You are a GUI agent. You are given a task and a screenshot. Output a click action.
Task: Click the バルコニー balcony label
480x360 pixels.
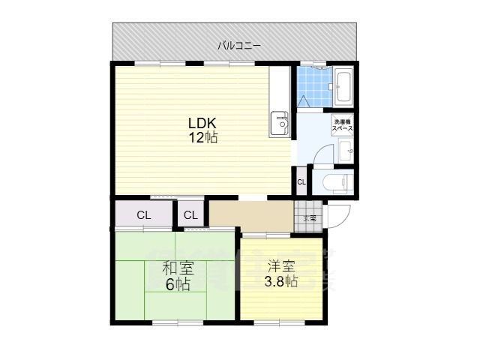coord(239,46)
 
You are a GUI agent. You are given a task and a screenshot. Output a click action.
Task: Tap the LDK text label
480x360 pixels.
coord(202,123)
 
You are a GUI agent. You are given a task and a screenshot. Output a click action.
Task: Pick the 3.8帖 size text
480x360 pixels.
coord(280,282)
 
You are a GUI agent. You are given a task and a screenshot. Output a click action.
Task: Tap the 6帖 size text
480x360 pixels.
coord(178,284)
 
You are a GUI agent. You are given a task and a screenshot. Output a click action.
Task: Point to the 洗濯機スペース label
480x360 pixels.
coord(342,124)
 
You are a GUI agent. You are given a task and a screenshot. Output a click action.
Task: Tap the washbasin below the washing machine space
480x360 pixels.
coord(346,151)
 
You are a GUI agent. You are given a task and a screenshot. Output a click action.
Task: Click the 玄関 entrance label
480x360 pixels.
coord(309,218)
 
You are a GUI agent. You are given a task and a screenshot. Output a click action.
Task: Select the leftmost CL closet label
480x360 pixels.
coord(143,216)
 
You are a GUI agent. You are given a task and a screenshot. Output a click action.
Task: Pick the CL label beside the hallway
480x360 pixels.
coord(191,216)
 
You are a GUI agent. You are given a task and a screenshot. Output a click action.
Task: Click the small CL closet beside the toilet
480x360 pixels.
coord(301,182)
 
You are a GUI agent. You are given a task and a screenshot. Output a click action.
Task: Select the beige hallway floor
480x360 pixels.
coord(251,215)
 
